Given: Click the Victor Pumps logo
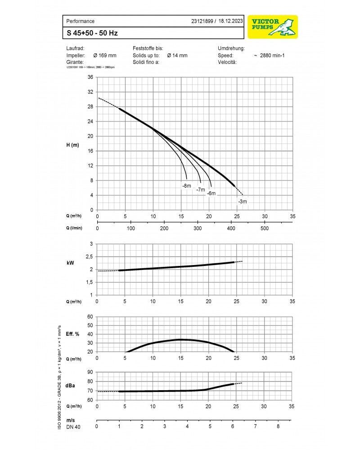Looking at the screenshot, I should point(272,27).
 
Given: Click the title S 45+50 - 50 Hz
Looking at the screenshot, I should point(93,33).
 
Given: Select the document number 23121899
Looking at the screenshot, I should point(202,21).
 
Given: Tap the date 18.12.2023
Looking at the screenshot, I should point(231,21).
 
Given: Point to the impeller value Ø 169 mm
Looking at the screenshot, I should point(104,55).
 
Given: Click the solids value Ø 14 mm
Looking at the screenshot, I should point(177,55).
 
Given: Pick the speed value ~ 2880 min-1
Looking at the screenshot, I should point(270,55).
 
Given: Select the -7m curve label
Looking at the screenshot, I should point(200,190).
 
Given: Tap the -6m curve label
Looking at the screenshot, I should point(211,193).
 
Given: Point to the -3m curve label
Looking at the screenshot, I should point(242,202).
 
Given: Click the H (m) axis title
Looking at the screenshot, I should point(73,144).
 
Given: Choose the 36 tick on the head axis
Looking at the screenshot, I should point(90,77).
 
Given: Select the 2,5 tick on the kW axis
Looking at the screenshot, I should point(89,256).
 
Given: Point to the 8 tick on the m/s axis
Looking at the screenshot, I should point(278,426).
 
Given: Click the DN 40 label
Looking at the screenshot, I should point(73,427).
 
